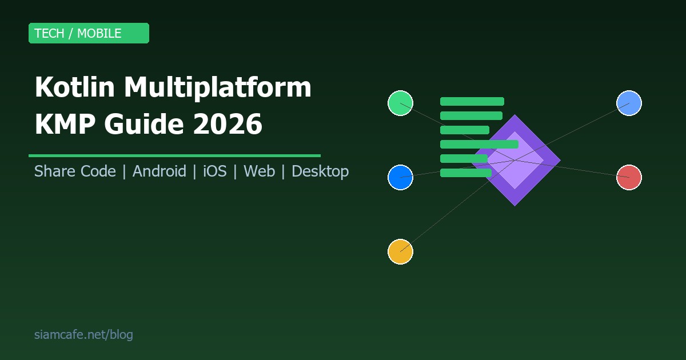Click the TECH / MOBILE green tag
click(89, 33)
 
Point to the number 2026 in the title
click(227, 125)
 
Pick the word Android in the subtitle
click(159, 171)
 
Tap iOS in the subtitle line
click(214, 171)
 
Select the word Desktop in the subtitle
click(320, 171)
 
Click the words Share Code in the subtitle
click(75, 171)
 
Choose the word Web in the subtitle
click(259, 171)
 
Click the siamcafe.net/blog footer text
click(83, 335)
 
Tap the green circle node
click(400, 103)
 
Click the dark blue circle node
click(400, 177)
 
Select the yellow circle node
click(400, 251)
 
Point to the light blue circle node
click(629, 103)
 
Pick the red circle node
click(629, 177)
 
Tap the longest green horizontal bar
click(479, 144)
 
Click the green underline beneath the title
click(174, 155)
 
